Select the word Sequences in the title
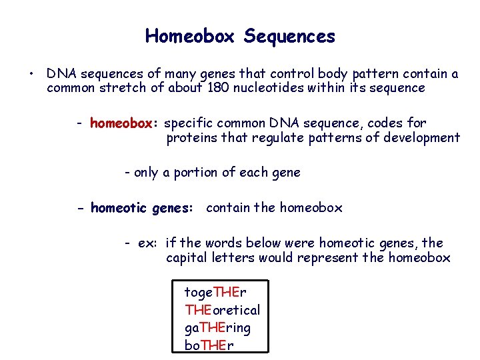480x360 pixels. tap(289, 36)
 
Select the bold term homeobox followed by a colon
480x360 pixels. tap(123, 123)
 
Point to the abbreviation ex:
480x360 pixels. tap(148, 243)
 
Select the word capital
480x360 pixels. tap(187, 258)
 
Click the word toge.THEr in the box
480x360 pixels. tap(215, 293)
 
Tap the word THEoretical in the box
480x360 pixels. tap(223, 310)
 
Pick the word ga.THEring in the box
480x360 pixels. tap(218, 328)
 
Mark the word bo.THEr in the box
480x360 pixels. tap(209, 345)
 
